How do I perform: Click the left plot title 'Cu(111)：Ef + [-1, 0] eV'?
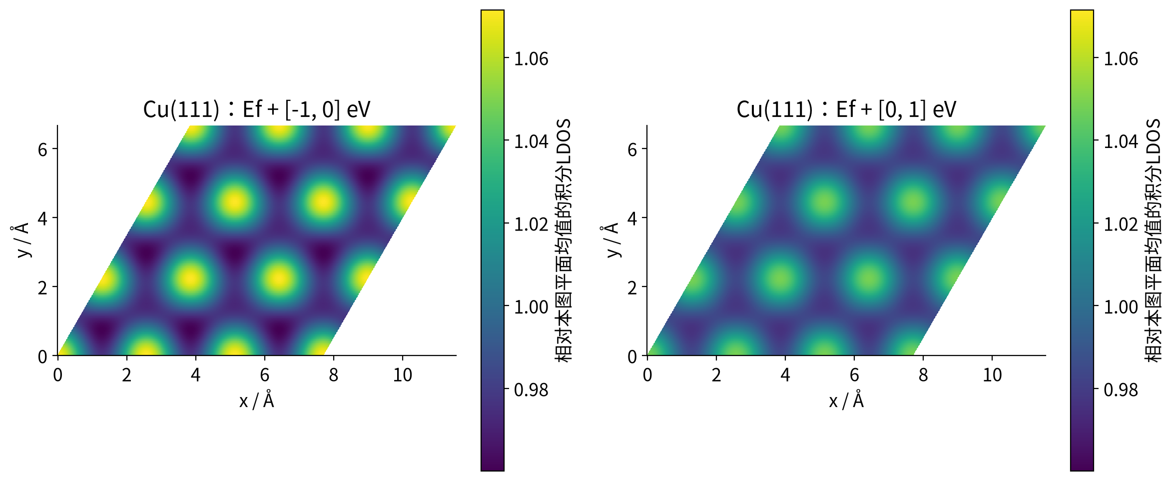coord(257,109)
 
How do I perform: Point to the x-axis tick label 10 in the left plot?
coord(403,375)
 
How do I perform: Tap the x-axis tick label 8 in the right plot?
coord(923,375)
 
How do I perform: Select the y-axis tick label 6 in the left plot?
coord(42,149)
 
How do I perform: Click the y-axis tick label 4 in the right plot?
coord(632,218)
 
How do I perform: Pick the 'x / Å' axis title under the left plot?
coord(257,400)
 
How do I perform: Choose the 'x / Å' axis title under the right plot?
coord(846,400)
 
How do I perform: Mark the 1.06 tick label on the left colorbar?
coord(532,59)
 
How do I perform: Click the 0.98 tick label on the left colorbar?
coord(532,390)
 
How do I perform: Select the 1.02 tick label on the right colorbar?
coord(1121,224)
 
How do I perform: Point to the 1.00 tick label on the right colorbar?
coord(1121,307)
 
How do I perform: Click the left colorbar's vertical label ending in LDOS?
coord(563,240)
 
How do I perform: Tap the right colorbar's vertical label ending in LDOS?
coord(1153,240)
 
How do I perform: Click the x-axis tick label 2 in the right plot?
coord(716,375)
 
